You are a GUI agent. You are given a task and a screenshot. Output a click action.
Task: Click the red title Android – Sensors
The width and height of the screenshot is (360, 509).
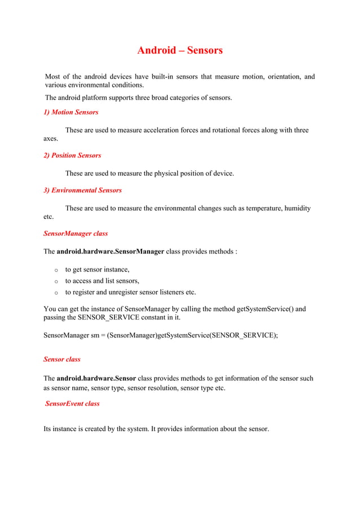click(180, 50)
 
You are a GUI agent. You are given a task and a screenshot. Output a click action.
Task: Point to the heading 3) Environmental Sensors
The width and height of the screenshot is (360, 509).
click(82, 190)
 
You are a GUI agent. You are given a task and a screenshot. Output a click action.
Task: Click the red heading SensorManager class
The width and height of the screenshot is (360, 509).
click(76, 233)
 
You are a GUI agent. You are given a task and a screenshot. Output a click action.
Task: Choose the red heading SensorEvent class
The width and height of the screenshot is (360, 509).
click(72, 403)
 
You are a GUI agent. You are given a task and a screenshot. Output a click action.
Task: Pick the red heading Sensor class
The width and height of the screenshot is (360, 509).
click(62, 359)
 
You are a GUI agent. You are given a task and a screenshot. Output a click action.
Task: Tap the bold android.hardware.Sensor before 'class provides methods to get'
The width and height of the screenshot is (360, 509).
click(96, 379)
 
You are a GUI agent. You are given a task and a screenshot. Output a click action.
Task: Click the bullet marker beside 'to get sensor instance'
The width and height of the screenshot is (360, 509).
click(56, 270)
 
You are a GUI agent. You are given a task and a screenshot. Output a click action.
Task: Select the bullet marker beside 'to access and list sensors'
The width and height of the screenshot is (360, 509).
click(56, 281)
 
